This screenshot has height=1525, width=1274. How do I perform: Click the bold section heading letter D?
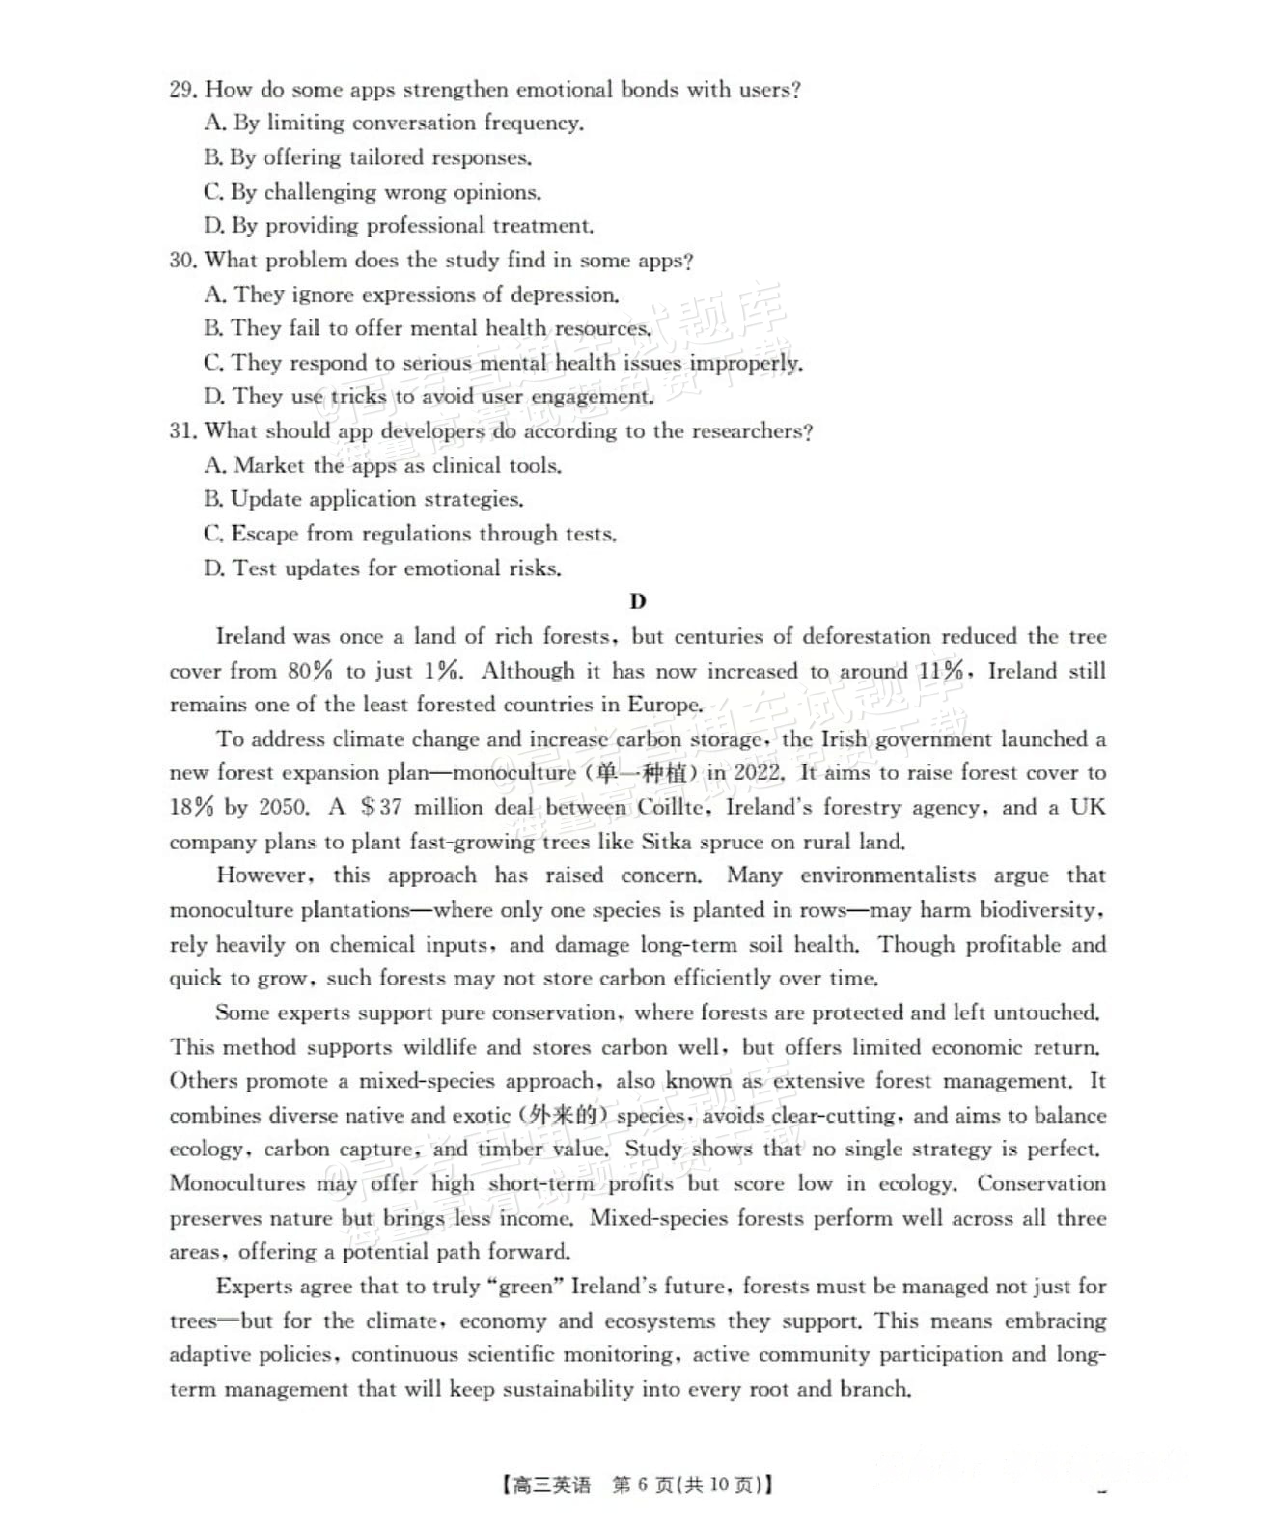click(x=637, y=601)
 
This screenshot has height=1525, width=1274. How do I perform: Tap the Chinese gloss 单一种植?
click(x=642, y=773)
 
